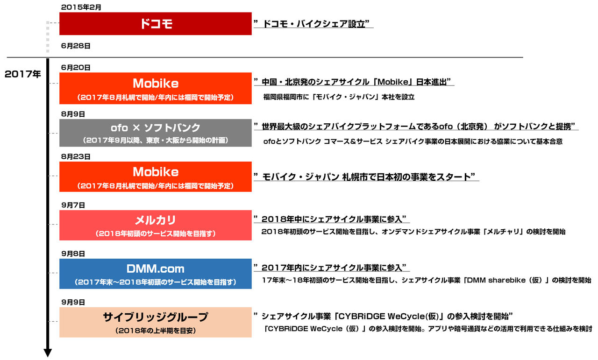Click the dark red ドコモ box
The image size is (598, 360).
coord(156,23)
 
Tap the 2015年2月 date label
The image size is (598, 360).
coord(81,7)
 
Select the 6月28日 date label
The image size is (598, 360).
coord(76,46)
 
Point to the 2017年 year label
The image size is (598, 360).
coord(23,74)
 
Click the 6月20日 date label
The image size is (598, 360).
coord(76,68)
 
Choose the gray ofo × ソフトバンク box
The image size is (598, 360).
coord(156,133)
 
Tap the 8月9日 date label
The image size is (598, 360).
coord(73,114)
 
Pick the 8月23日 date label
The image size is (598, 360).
coord(76,156)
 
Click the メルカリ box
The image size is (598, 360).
coord(156,225)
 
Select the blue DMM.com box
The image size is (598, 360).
coord(156,274)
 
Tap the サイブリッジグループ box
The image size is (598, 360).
coord(156,322)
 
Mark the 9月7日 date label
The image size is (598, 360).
coord(73,205)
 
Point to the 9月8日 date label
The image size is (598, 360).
coord(73,254)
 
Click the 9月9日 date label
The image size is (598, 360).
coord(73,303)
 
